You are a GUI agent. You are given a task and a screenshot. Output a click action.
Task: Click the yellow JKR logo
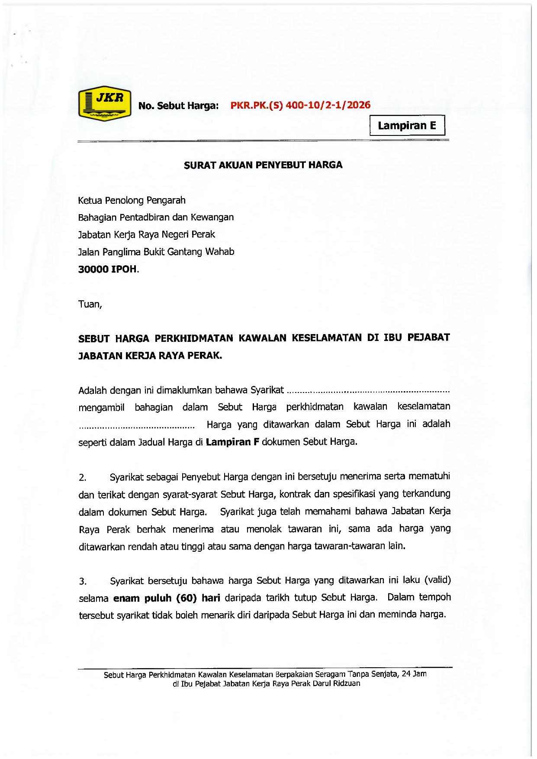click(104, 103)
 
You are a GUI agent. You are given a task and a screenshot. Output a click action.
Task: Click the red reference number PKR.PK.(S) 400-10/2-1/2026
click(300, 105)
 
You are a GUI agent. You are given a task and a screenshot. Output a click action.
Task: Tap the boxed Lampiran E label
click(407, 125)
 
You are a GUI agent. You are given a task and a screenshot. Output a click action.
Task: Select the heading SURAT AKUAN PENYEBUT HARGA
click(263, 165)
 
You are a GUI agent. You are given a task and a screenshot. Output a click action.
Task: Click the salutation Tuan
click(89, 304)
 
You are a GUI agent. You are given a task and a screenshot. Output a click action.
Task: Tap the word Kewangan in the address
click(212, 217)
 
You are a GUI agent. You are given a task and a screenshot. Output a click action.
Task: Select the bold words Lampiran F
click(232, 442)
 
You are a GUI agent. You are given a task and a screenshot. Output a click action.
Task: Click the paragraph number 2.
click(82, 478)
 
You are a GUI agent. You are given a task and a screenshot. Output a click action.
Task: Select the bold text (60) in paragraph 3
click(187, 598)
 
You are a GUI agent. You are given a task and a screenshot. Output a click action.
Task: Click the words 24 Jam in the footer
click(414, 674)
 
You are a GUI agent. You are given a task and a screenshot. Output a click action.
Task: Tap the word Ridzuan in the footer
click(346, 684)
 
